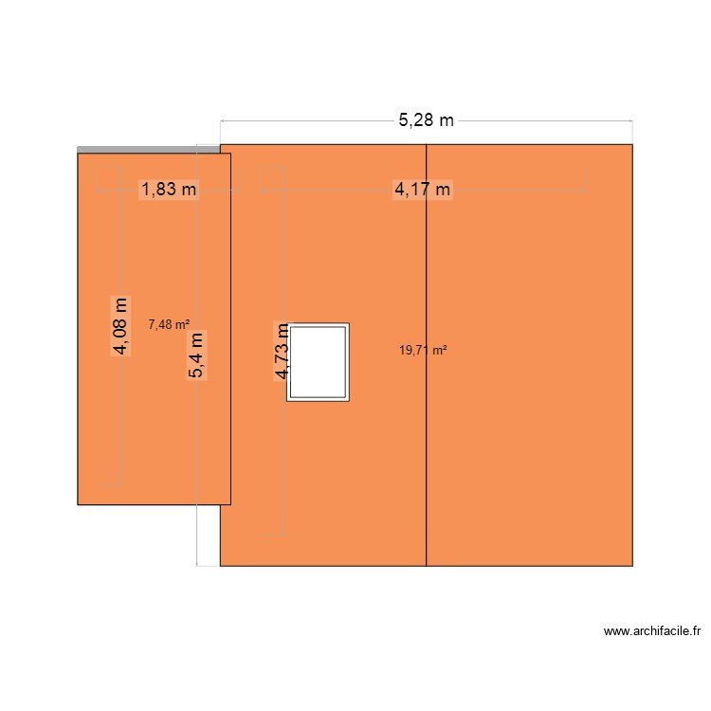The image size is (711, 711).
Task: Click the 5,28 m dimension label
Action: pyautogui.click(x=426, y=119)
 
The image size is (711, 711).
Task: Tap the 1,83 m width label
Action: pyautogui.click(x=169, y=190)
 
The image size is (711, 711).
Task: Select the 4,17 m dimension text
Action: pyautogui.click(x=423, y=190)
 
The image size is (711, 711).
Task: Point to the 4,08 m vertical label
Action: pyautogui.click(x=120, y=325)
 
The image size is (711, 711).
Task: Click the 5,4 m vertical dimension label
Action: pyautogui.click(x=196, y=355)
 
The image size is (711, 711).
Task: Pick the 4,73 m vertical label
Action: pyautogui.click(x=283, y=351)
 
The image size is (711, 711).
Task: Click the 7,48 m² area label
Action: pyautogui.click(x=169, y=324)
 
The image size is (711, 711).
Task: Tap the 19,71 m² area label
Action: pyautogui.click(x=423, y=350)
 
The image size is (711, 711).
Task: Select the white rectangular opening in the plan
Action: pyautogui.click(x=319, y=362)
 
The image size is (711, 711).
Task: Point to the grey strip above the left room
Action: pyautogui.click(x=152, y=149)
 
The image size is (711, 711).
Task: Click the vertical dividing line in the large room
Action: pyautogui.click(x=427, y=427)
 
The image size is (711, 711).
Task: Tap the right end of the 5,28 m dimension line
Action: pyautogui.click(x=632, y=120)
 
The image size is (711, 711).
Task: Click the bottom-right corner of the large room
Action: pyautogui.click(x=632, y=566)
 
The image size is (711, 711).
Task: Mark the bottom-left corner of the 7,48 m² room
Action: pyautogui.click(x=78, y=503)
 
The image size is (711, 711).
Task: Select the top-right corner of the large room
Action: pyautogui.click(x=632, y=144)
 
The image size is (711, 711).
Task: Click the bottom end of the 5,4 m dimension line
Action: pyautogui.click(x=196, y=566)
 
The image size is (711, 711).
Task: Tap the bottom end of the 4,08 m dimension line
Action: pyautogui.click(x=120, y=485)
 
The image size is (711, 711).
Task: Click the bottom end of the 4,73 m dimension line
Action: pyautogui.click(x=283, y=537)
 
